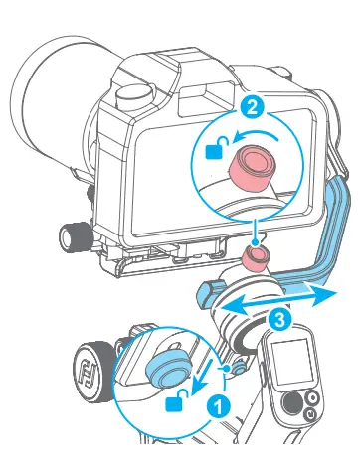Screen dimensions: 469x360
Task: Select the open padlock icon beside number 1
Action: (x=177, y=401)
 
